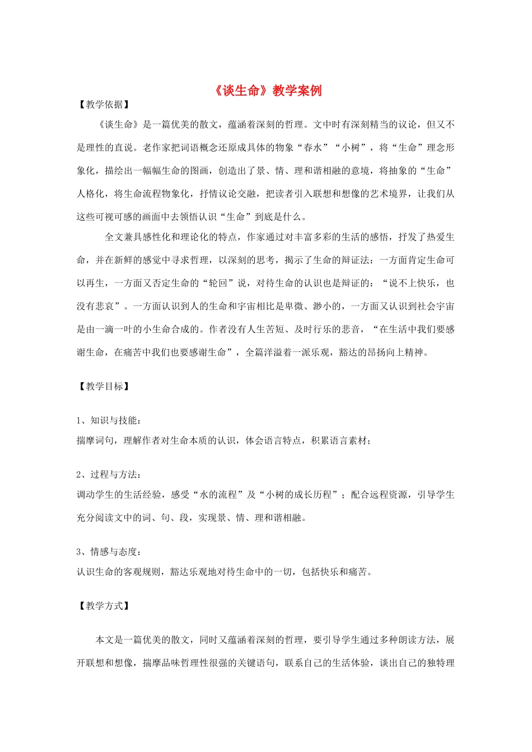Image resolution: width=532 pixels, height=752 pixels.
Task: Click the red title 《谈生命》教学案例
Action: point(268,91)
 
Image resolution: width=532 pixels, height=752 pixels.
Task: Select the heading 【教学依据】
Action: point(104,104)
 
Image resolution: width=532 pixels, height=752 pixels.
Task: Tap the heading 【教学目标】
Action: point(104,386)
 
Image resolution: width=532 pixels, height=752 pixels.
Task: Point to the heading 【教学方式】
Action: point(104,605)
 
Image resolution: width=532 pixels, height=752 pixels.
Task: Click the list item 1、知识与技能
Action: point(109,420)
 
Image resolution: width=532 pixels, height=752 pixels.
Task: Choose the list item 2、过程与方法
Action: point(109,474)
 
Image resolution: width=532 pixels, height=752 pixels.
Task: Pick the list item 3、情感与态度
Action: point(109,552)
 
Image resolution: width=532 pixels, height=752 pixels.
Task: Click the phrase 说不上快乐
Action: point(412,283)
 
